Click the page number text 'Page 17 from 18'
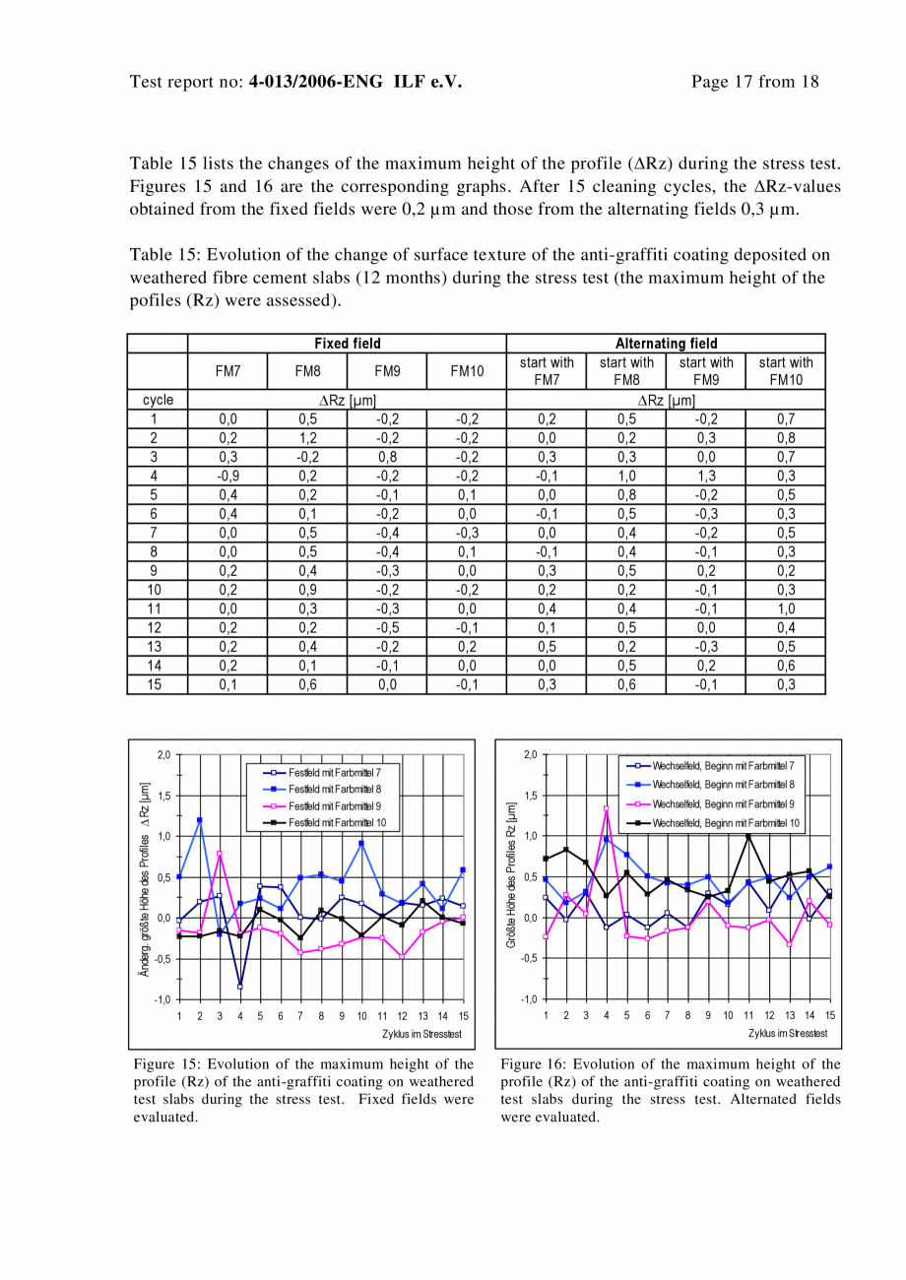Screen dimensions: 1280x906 click(754, 82)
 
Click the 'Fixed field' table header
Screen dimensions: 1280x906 click(347, 344)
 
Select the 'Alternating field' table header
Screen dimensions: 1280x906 click(666, 344)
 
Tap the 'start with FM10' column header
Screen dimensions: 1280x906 click(785, 370)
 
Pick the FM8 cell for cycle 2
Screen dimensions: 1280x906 click(307, 438)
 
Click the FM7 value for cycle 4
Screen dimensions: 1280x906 click(227, 476)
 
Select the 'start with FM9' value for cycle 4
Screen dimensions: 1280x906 click(705, 476)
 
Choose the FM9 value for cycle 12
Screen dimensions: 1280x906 click(387, 627)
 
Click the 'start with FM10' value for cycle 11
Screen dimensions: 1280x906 click(785, 608)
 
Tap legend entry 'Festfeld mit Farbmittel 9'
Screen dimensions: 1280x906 click(334, 806)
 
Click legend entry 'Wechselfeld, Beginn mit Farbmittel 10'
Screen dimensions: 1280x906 click(726, 822)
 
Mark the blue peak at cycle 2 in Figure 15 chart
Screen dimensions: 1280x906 click(200, 820)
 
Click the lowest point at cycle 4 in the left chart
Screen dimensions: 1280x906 click(240, 986)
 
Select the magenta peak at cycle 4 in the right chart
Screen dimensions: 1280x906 click(607, 808)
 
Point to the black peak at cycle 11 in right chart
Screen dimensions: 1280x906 click(748, 836)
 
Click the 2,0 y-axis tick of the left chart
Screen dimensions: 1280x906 click(163, 755)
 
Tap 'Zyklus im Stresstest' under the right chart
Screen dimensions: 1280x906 click(788, 1033)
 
